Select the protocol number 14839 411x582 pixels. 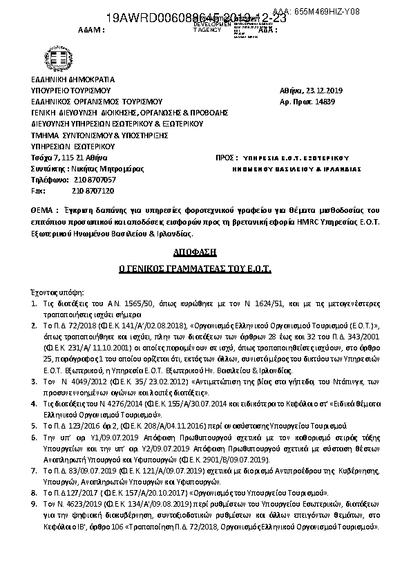click(x=343, y=102)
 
